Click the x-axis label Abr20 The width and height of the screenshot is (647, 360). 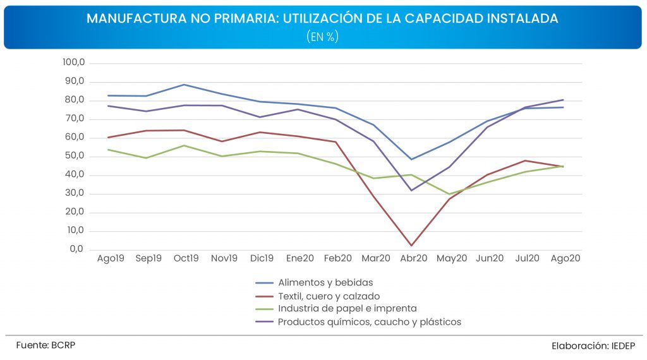point(414,258)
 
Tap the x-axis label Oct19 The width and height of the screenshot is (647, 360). point(186,258)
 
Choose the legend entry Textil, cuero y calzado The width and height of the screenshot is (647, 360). point(329,296)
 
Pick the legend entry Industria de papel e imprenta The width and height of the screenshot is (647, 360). point(347,309)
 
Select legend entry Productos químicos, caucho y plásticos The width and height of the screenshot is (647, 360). point(370,322)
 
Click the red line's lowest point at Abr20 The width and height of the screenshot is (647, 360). point(411,246)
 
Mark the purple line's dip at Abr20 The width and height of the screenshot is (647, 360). point(411,190)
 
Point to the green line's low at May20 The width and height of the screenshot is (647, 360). point(449,194)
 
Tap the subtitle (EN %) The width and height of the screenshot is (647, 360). point(323,37)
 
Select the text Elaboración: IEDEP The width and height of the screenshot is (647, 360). point(593,345)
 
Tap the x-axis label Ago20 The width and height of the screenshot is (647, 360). point(565,258)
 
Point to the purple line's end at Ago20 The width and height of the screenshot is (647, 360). point(563,100)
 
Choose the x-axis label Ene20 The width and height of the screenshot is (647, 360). point(300,258)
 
